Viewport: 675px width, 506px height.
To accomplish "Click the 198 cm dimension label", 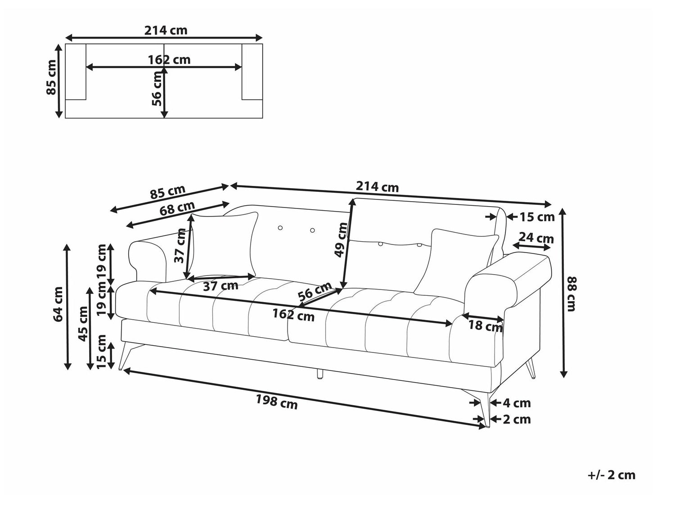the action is (x=277, y=402).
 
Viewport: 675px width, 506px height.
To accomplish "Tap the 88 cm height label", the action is (x=571, y=294).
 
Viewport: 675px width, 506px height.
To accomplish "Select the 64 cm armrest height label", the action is (x=58, y=304).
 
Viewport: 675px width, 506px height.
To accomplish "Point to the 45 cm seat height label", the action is (x=83, y=324).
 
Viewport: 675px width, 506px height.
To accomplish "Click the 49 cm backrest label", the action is (x=341, y=240).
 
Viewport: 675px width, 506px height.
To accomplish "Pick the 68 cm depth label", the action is (x=177, y=208).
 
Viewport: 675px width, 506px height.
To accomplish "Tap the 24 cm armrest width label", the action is (x=536, y=238).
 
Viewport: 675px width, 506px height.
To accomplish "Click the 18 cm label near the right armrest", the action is (x=485, y=326).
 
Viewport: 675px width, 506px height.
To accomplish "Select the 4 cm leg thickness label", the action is (x=517, y=402).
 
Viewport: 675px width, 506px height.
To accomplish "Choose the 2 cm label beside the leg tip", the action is (x=517, y=419).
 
